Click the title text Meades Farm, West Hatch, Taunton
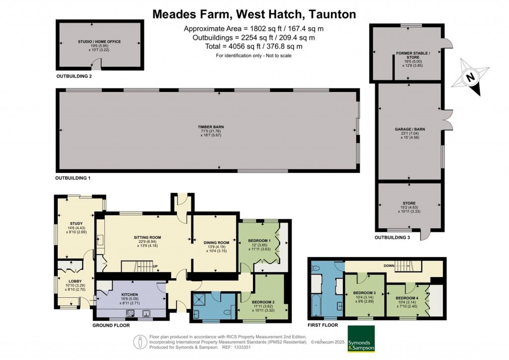[254, 14]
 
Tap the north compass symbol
[470, 78]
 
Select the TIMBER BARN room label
[208, 128]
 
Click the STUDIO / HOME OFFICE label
[99, 42]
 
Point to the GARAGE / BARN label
[410, 129]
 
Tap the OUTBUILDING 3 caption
[393, 238]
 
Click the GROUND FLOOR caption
[111, 325]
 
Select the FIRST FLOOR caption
[323, 325]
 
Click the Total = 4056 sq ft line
[254, 46]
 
